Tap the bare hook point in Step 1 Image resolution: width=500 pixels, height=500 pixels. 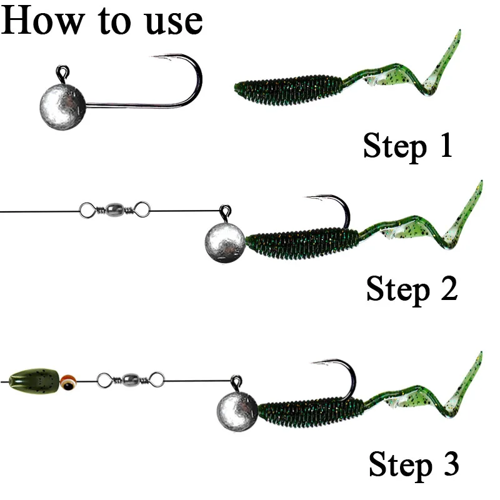pos(156,58)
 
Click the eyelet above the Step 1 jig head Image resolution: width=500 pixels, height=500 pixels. pos(64,72)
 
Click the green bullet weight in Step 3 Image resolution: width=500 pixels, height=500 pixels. pos(34,380)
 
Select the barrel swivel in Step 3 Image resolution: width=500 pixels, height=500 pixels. pos(131,378)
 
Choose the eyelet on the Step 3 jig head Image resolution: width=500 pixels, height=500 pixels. pos(237,379)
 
